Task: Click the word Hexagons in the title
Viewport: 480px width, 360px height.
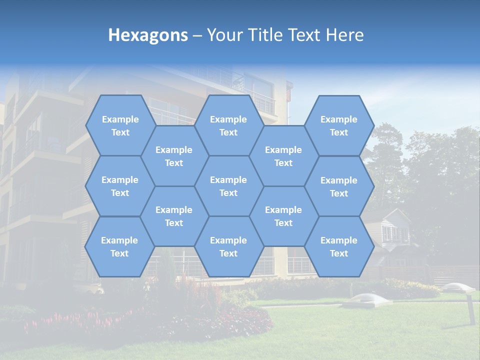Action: click(x=148, y=35)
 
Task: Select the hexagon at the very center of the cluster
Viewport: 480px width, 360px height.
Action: click(x=228, y=186)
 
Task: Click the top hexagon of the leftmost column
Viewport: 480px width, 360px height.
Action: click(x=120, y=125)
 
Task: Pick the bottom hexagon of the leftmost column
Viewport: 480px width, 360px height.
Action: click(x=119, y=246)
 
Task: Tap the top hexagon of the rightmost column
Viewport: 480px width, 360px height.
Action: click(x=339, y=125)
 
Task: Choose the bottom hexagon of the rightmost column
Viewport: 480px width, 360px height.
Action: click(x=339, y=246)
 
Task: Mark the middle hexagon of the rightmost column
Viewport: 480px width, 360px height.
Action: click(x=339, y=186)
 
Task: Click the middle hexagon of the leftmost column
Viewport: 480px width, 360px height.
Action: click(x=120, y=186)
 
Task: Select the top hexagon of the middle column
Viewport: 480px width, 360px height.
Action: click(x=228, y=125)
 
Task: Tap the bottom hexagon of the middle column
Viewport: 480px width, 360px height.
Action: click(x=228, y=246)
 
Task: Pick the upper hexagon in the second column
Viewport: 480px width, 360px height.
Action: click(x=174, y=156)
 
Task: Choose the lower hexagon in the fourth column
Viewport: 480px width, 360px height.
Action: click(x=283, y=216)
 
